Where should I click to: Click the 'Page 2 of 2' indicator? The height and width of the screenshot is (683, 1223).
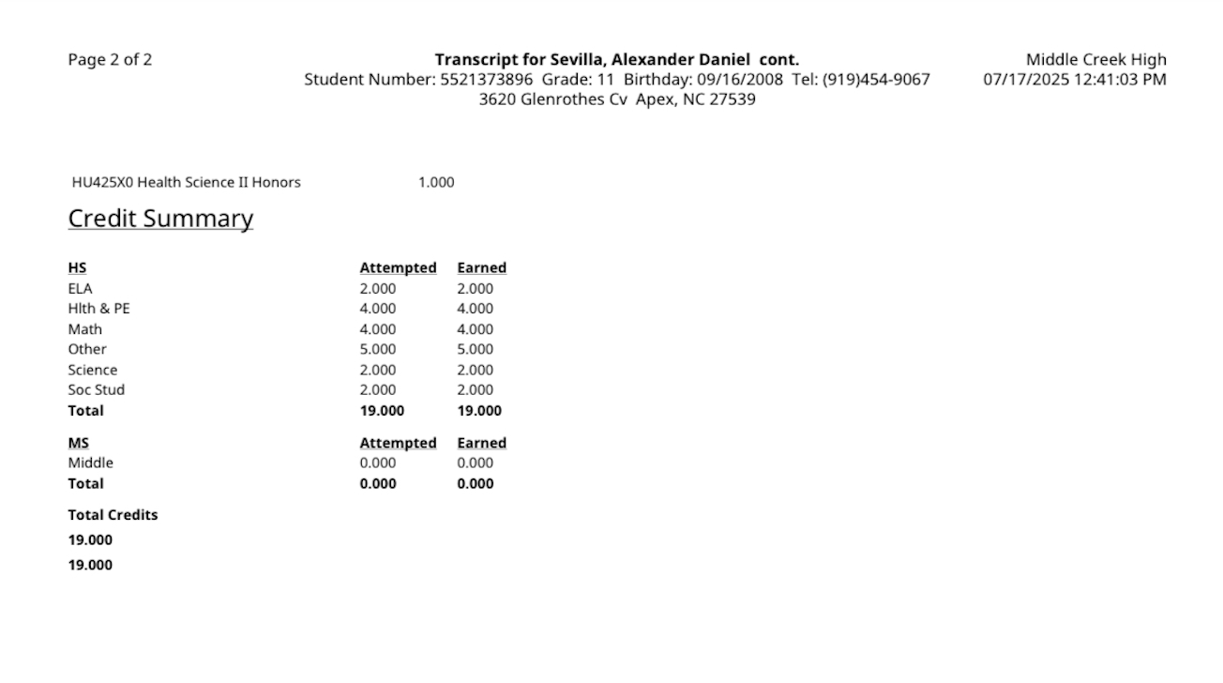pos(110,60)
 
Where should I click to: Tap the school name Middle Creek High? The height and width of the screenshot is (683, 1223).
pos(1095,60)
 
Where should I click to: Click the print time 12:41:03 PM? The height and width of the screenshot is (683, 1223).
pos(1117,80)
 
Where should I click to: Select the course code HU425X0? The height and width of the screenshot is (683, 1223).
pos(102,182)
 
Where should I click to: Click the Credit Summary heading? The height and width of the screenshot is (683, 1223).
pos(160,219)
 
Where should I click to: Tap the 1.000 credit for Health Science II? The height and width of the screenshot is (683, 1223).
pos(436,182)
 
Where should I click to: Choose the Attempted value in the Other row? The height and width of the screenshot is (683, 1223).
pos(378,349)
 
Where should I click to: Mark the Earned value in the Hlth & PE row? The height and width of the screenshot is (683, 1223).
pos(475,309)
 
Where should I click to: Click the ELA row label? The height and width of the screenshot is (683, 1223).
pos(80,289)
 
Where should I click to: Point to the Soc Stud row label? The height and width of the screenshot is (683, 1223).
pos(96,389)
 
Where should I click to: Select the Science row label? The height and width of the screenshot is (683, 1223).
pos(92,370)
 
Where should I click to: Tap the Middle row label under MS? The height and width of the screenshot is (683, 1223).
pos(90,463)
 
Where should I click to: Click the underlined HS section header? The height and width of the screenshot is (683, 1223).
pos(77,268)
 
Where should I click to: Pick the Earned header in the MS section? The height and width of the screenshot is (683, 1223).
pos(481,443)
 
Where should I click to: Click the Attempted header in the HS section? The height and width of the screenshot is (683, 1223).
pos(398,268)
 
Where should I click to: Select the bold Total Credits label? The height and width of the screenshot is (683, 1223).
pos(113,515)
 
